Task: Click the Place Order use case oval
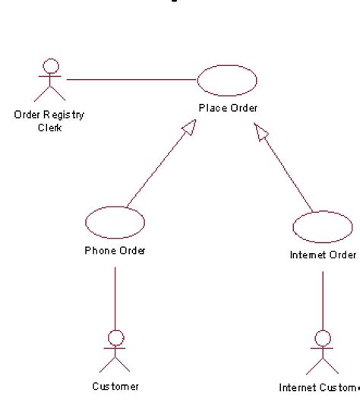(227, 79)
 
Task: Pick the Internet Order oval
(322, 226)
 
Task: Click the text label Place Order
(228, 108)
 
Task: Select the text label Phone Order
(115, 251)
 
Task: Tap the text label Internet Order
(323, 254)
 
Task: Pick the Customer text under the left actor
(115, 387)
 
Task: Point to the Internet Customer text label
(318, 388)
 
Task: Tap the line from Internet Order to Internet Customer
(323, 300)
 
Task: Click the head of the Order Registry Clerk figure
(51, 65)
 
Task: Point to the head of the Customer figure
(115, 336)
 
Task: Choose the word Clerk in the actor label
(49, 127)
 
